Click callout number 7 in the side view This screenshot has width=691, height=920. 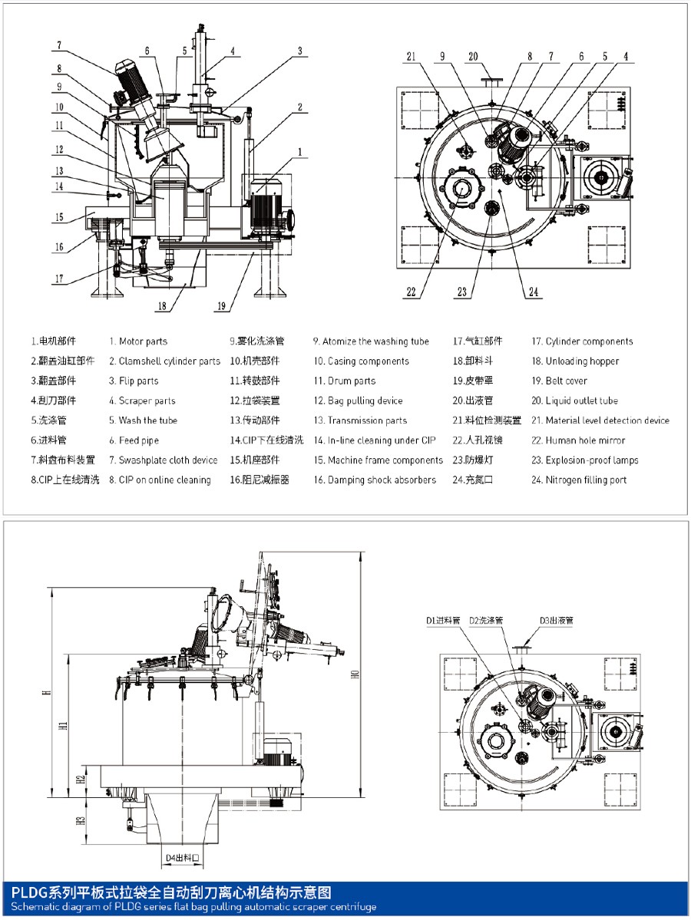click(x=58, y=45)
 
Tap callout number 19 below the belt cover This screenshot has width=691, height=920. click(x=222, y=306)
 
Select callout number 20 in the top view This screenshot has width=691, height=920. click(x=473, y=56)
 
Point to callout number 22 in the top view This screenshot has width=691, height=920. click(x=412, y=292)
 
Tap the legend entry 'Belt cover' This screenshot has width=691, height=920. click(x=566, y=381)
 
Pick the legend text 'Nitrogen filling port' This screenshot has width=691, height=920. click(x=586, y=480)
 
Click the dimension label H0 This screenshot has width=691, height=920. click(x=355, y=675)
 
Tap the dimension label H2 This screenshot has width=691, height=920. click(x=80, y=780)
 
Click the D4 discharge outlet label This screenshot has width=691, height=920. click(x=183, y=858)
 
